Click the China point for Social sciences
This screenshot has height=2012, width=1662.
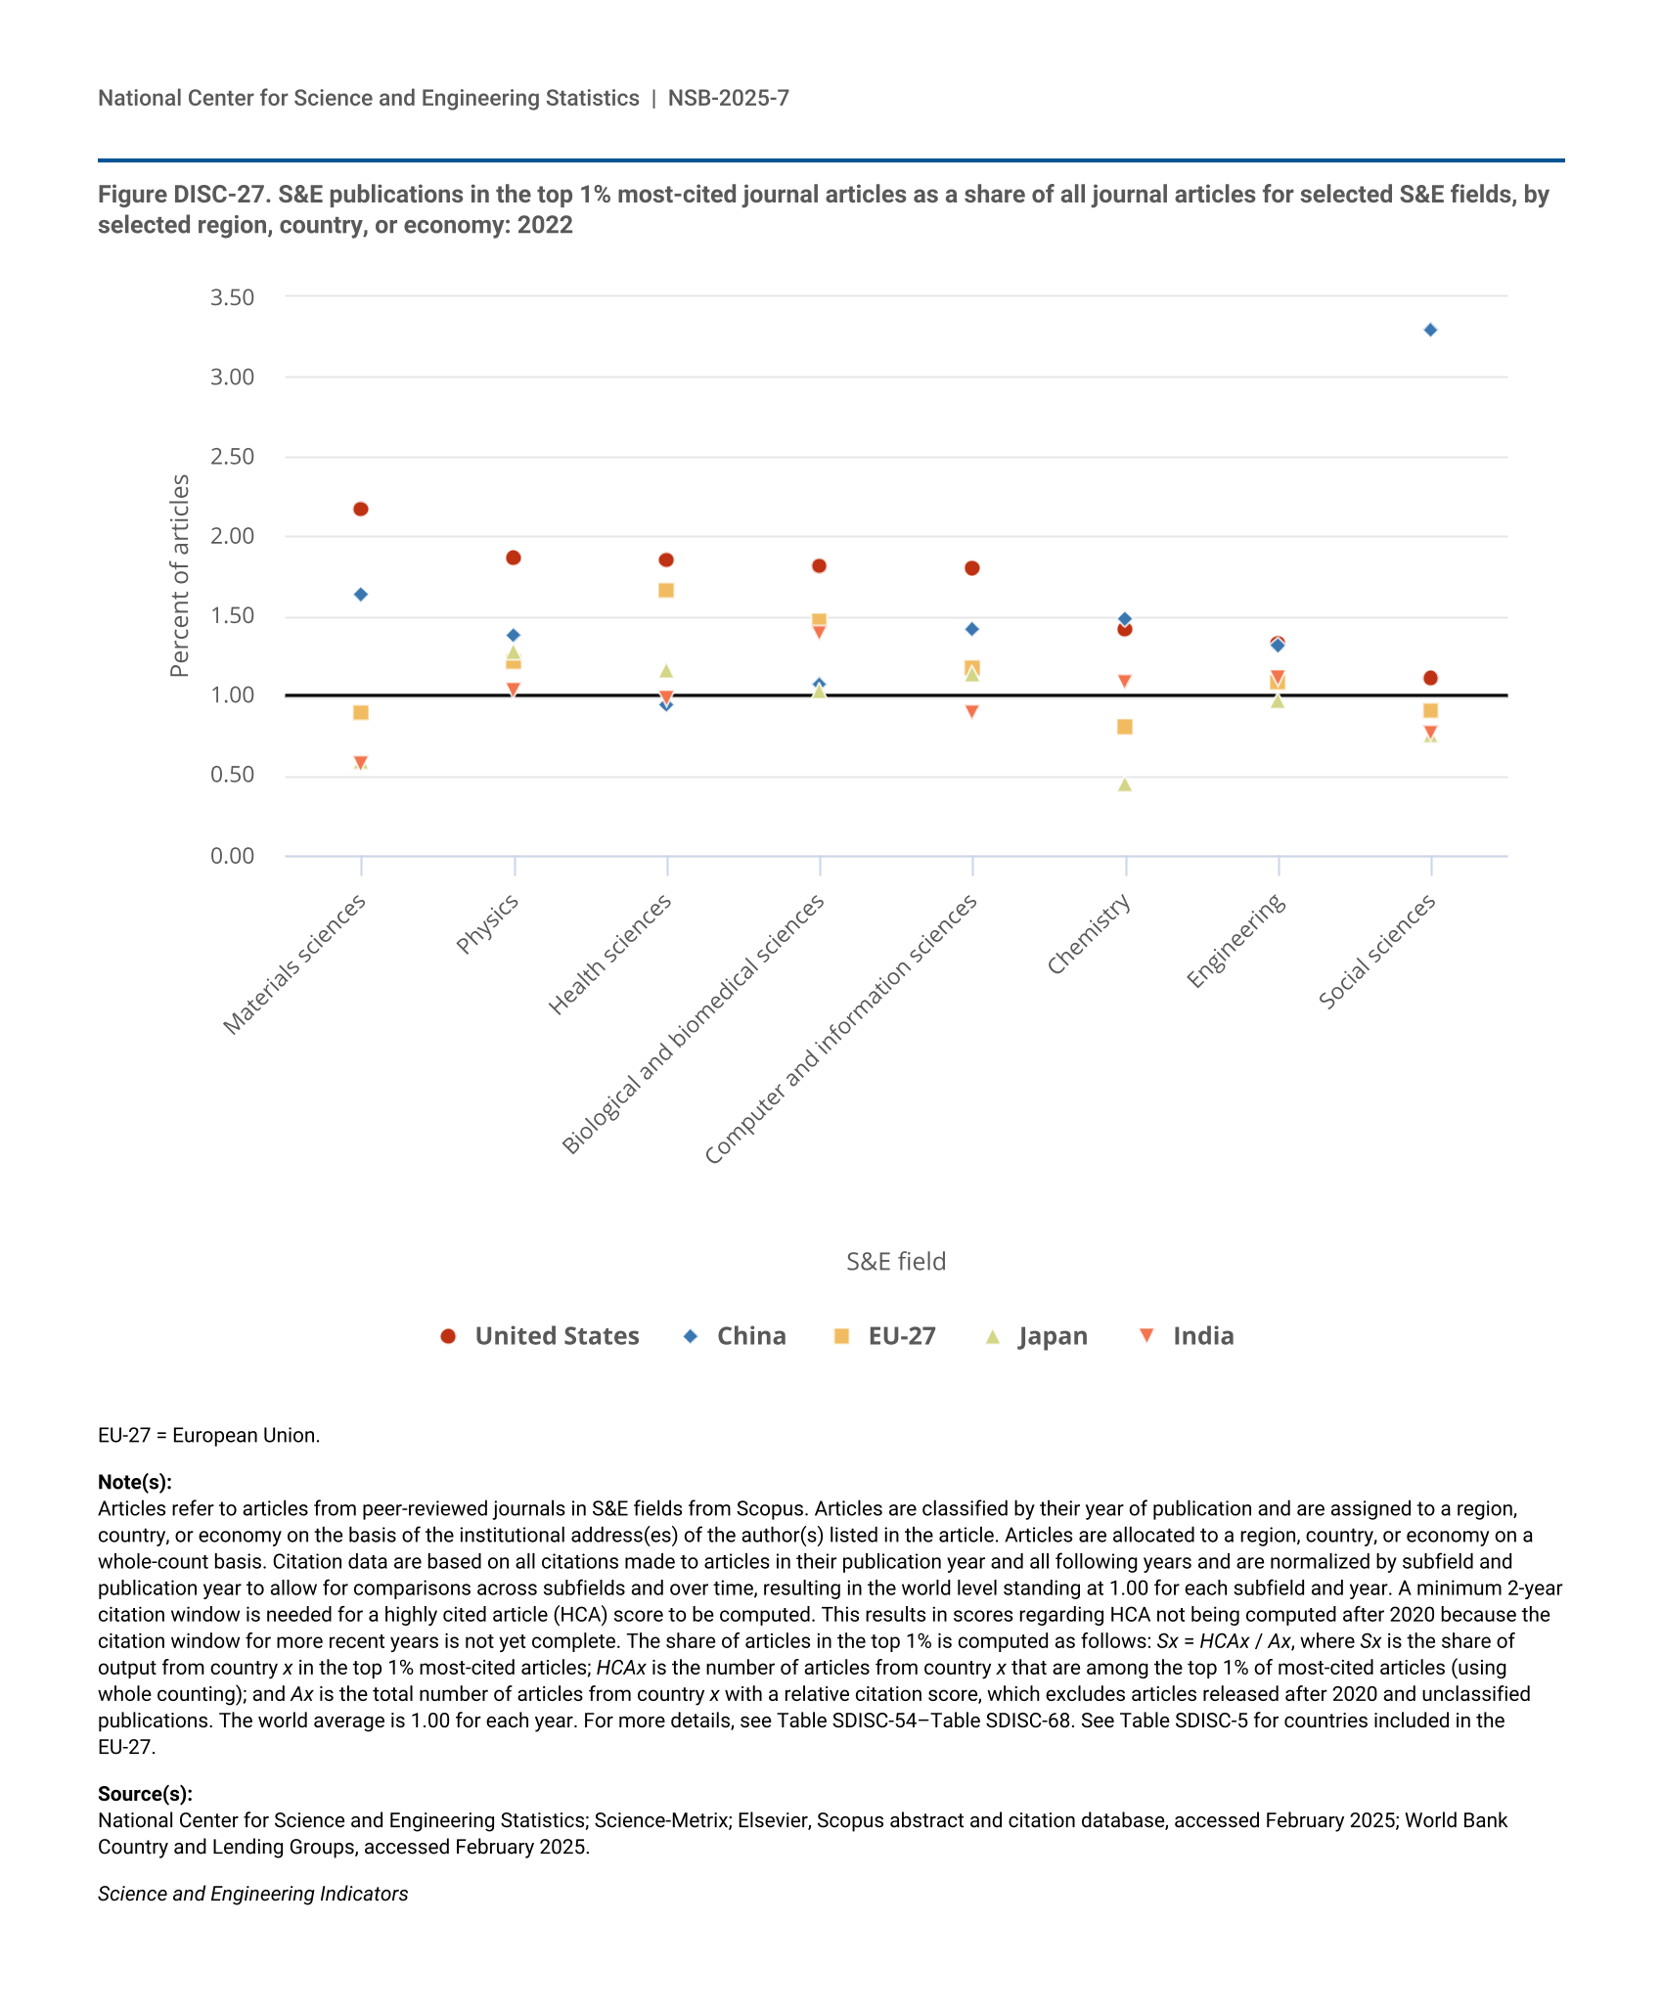(x=1430, y=330)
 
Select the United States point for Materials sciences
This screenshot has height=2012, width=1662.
(x=361, y=509)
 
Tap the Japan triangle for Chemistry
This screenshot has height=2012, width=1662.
(x=1125, y=784)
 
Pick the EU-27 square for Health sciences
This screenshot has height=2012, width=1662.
(x=666, y=590)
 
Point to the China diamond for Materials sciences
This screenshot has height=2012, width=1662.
(x=361, y=595)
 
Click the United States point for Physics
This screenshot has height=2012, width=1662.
(x=514, y=558)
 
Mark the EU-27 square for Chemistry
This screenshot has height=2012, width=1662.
(x=1125, y=727)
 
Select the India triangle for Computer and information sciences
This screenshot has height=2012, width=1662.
(x=972, y=712)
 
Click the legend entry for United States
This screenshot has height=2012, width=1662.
(x=540, y=1336)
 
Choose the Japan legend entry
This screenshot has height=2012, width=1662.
(x=1037, y=1336)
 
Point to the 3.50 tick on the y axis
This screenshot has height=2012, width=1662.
(x=232, y=297)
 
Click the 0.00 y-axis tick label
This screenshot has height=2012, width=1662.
(x=232, y=857)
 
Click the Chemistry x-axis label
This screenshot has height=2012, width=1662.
(x=1089, y=935)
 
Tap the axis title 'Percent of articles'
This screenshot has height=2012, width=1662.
(x=179, y=575)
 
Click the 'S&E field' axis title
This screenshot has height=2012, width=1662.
(x=896, y=1262)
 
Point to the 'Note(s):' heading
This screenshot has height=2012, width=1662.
(x=135, y=1482)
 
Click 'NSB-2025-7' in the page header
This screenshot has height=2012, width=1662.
(x=729, y=98)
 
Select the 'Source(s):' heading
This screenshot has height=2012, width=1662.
(x=145, y=1794)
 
